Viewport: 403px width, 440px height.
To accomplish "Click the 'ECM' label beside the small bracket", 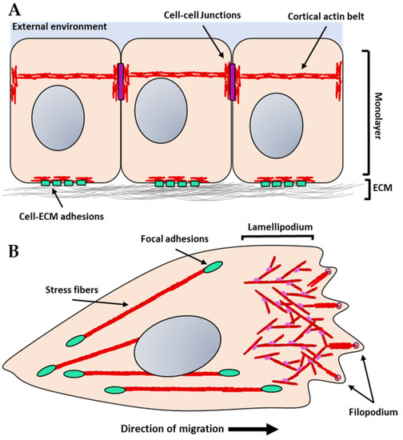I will tap(387, 188).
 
